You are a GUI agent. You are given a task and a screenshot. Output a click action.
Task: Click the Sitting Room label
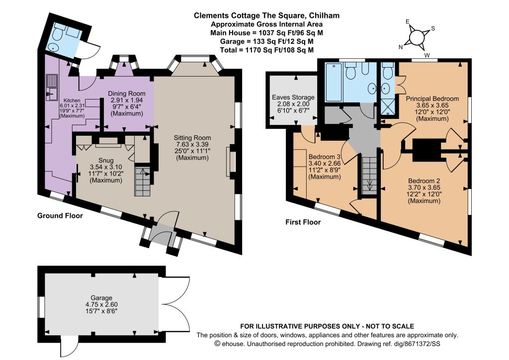(192, 138)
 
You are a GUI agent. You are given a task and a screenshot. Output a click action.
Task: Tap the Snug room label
(106, 161)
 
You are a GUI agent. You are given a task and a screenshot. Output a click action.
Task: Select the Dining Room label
(127, 93)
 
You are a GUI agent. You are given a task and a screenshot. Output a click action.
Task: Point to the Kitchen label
(72, 100)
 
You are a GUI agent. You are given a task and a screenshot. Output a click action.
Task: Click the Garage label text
(101, 298)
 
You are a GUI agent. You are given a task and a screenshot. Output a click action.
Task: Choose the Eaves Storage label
(293, 97)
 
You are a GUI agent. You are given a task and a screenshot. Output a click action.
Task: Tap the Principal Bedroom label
(432, 98)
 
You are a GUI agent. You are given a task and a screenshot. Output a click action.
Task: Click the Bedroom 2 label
(424, 180)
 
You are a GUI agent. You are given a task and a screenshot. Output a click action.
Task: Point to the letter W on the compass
(427, 56)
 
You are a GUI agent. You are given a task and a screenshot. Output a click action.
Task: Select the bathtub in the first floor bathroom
(334, 82)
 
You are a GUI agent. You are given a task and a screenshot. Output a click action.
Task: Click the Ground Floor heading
(60, 215)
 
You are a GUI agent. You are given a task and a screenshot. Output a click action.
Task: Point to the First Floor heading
(303, 222)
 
